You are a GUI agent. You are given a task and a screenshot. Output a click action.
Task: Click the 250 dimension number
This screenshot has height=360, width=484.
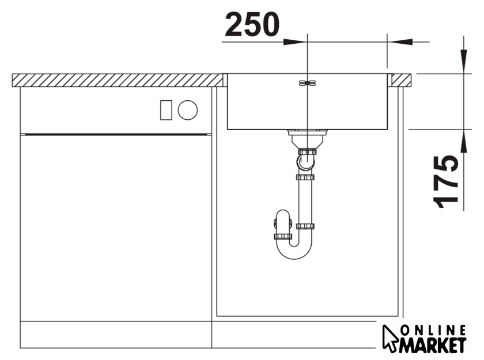[252, 24]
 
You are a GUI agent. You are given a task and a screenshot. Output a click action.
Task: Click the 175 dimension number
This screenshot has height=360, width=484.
[445, 181]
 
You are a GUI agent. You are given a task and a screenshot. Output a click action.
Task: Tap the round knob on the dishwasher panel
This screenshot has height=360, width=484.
[188, 110]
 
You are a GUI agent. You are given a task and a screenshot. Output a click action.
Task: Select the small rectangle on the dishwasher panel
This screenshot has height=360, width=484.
[166, 110]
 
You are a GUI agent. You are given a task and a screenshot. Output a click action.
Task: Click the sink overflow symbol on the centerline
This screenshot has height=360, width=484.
[308, 83]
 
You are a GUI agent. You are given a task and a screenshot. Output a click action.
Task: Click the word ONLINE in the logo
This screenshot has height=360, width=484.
[433, 331]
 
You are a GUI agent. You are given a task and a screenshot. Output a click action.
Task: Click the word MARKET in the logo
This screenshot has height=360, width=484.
[433, 345]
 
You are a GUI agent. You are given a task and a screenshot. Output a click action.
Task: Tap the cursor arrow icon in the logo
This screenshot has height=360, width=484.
[390, 338]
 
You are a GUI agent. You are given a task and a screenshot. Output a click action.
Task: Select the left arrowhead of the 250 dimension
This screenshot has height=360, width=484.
[295, 41]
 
